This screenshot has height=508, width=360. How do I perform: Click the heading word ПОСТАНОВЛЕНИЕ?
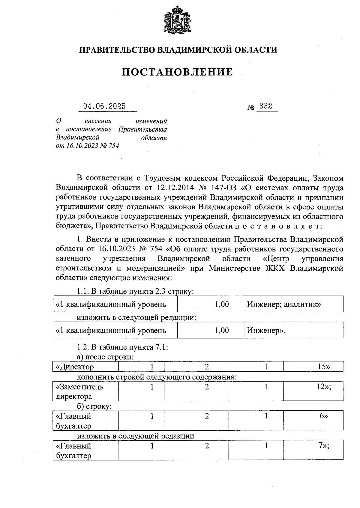177,72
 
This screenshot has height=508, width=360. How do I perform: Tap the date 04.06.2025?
104,107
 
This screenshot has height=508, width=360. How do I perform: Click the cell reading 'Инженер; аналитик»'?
284,305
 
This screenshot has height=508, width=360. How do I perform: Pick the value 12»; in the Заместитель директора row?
324,387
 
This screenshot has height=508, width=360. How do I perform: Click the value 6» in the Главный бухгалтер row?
323,416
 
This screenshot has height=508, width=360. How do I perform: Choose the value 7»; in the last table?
324,446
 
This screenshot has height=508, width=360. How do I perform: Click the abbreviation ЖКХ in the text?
276,268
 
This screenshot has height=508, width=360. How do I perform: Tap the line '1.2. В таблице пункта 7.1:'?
122,347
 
